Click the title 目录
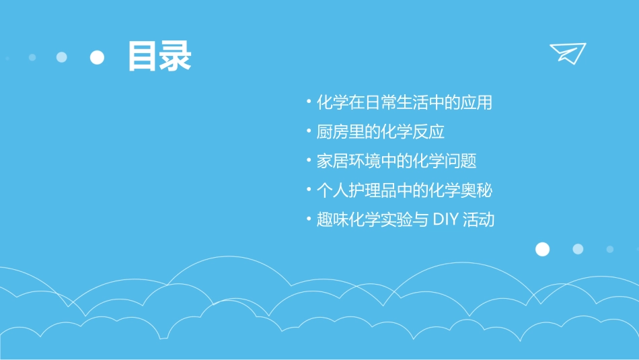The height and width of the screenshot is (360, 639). point(159,57)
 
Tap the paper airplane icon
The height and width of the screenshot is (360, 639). point(568,53)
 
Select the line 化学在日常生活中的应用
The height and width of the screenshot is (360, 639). point(404,102)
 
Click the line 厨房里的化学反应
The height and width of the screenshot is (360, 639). point(381,132)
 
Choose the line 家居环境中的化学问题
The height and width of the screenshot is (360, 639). point(396,161)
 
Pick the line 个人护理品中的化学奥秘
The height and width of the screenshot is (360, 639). point(404,190)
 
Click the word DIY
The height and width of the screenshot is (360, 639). point(445,220)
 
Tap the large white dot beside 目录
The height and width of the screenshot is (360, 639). point(98,58)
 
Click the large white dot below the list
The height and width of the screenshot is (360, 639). point(542,250)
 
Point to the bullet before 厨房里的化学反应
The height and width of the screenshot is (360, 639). point(308,131)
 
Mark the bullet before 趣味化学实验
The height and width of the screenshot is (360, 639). point(308,219)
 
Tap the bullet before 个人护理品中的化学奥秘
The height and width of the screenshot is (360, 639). point(308,189)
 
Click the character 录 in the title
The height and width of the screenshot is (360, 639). point(176,57)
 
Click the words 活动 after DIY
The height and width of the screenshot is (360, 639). point(479,220)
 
